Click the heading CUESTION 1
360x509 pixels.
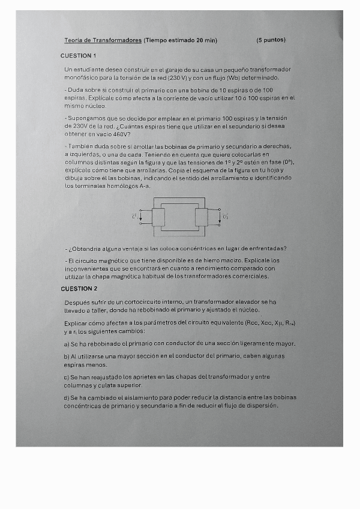[79, 56]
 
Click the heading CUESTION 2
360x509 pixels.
[79, 289]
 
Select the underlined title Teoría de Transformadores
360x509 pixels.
[103, 40]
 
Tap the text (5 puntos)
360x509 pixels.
[271, 40]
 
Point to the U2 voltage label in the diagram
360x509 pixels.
[225, 216]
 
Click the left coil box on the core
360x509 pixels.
[158, 217]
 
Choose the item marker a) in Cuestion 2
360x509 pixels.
[67, 344]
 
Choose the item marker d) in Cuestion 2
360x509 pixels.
[67, 397]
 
